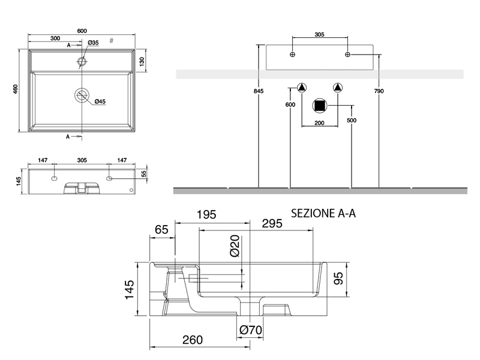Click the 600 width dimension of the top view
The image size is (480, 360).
82,31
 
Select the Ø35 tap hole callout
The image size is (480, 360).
93,43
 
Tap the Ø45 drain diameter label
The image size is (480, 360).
99,102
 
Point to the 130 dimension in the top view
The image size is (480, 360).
142,61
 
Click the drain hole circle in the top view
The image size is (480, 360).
82,95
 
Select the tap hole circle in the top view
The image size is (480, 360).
82,61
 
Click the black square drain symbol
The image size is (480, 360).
320,106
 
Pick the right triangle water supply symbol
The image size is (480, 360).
337,88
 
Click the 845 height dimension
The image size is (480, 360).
259,91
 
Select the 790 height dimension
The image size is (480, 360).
379,91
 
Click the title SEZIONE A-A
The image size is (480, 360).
323,213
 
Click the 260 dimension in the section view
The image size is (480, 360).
192,340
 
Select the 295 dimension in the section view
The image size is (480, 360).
272,223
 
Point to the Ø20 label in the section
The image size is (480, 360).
235,245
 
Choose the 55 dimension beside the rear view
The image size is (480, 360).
144,173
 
